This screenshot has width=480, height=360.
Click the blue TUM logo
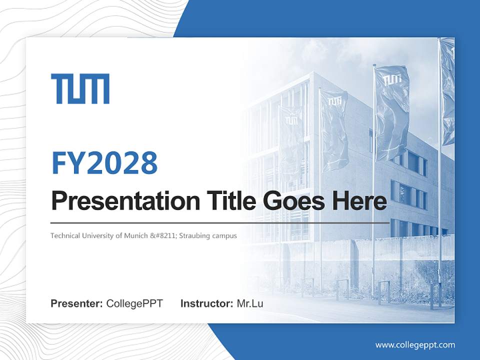80,89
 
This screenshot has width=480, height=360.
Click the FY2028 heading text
104,163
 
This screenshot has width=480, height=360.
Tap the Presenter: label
77,303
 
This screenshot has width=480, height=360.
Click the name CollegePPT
134,303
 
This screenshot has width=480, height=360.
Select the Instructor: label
206,303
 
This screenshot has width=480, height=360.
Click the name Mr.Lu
249,303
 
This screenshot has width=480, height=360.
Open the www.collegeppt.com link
415,344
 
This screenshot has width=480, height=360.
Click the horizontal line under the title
220,222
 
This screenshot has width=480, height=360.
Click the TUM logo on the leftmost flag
291,120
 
